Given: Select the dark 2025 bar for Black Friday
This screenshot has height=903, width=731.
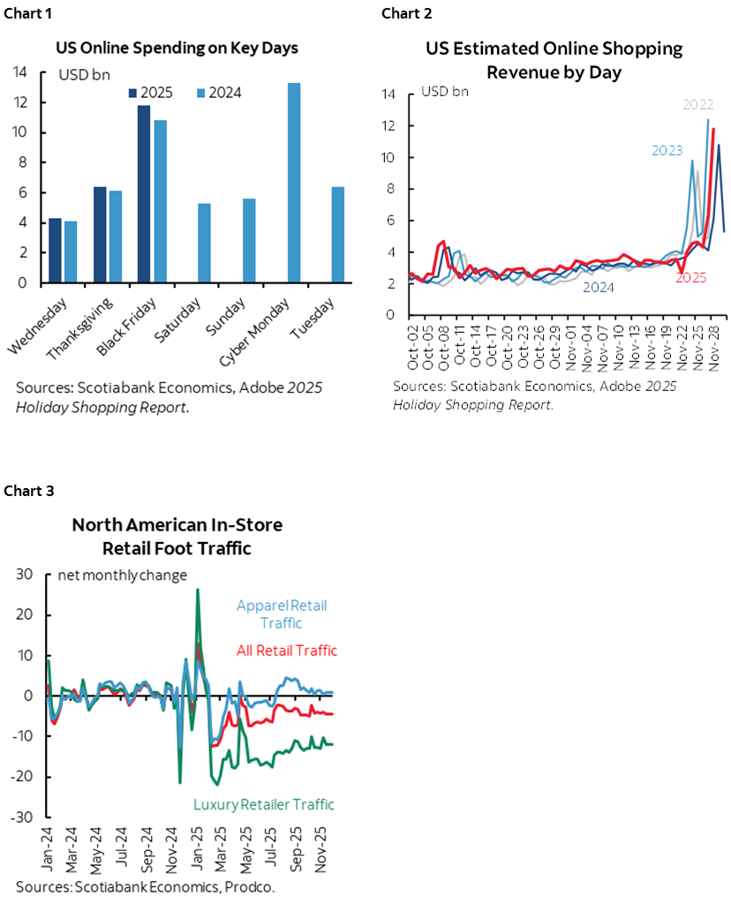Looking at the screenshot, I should pos(144,194).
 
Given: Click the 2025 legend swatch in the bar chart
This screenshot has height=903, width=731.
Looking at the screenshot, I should pos(132,93).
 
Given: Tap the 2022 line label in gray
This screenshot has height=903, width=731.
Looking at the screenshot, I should pos(700,104).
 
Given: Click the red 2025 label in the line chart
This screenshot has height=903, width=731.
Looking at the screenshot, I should pos(691,278).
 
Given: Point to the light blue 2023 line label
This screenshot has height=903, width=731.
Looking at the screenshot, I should pos(667,150).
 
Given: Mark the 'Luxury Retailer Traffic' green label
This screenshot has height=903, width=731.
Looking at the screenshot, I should pos(264,804).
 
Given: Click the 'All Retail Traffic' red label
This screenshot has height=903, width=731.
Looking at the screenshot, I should pos(287,651).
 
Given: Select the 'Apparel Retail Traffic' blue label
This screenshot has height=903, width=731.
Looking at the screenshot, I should pos(281,614).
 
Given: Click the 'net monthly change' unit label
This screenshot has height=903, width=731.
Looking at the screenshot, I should pos(122,576).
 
